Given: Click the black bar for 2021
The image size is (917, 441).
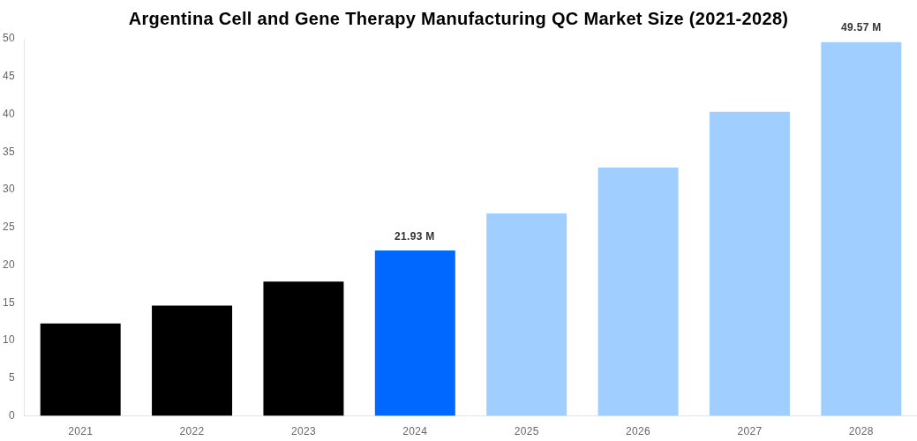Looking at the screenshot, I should [x=80, y=370].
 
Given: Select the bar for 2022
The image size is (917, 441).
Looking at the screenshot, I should [x=192, y=361].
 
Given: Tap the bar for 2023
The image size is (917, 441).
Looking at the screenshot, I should [x=304, y=348].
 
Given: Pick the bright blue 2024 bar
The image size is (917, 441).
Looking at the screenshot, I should [x=415, y=333].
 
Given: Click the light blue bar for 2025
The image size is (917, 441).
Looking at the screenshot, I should [x=526, y=315].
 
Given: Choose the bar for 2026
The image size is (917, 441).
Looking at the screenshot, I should [x=638, y=292].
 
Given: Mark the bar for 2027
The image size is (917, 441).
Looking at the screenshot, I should [x=749, y=264].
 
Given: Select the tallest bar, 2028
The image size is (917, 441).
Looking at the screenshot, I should [x=861, y=229].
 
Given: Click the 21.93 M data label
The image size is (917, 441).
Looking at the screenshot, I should [x=415, y=236].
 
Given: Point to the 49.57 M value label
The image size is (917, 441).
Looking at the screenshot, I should [x=861, y=27].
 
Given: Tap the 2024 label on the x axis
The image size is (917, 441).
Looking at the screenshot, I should [x=415, y=431].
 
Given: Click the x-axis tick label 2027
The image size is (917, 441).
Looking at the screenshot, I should [x=749, y=431].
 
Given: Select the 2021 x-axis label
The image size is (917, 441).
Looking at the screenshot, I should [x=80, y=431].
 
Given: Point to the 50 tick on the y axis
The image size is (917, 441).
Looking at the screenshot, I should [x=9, y=38].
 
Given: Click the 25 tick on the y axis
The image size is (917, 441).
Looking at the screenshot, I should [x=9, y=227].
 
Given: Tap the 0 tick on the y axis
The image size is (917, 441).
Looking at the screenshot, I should [x=11, y=415].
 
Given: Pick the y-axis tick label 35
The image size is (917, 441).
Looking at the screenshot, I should [x=9, y=152].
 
